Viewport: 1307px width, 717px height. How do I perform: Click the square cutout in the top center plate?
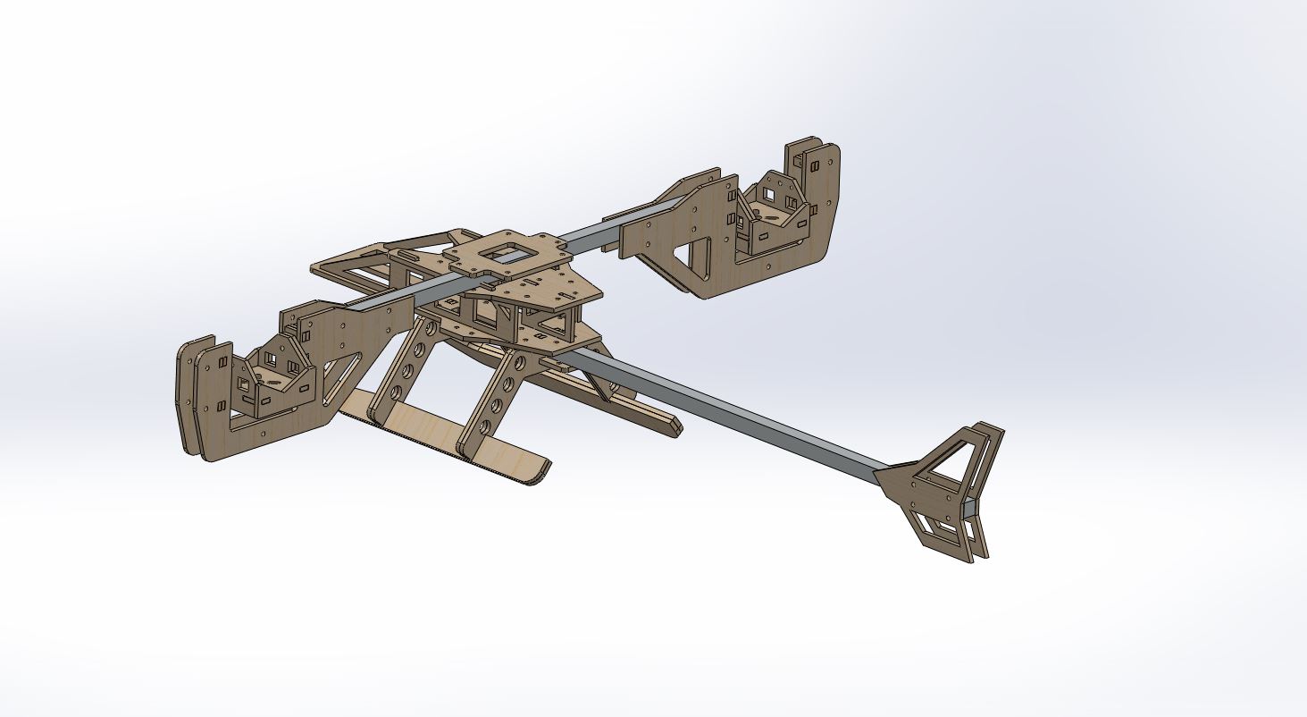pyautogui.click(x=506, y=252)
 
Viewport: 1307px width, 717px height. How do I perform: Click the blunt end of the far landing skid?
pyautogui.click(x=674, y=426)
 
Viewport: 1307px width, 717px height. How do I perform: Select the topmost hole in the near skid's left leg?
pyautogui.click(x=431, y=329)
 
